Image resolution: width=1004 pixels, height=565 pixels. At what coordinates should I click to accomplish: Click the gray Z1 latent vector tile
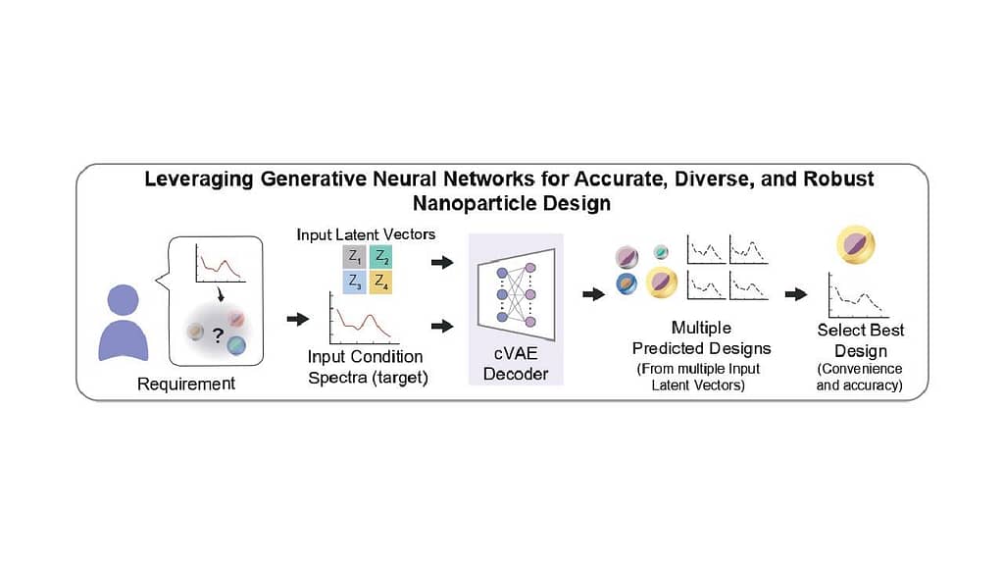pyautogui.click(x=354, y=258)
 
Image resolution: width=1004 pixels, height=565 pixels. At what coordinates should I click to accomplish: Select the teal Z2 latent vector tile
pyautogui.click(x=381, y=258)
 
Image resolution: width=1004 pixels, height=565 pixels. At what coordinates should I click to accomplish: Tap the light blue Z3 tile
pyautogui.click(x=354, y=282)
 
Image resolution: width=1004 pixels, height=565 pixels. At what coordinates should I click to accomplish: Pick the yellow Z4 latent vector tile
pyautogui.click(x=381, y=282)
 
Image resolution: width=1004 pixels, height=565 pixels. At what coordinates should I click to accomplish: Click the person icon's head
pyautogui.click(x=123, y=300)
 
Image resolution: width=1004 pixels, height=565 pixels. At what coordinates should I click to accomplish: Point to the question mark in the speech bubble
pyautogui.click(x=219, y=335)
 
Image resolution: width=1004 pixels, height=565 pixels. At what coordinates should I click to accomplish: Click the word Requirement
pyautogui.click(x=186, y=384)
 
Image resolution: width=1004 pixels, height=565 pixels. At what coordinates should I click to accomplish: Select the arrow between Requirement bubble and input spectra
pyautogui.click(x=298, y=319)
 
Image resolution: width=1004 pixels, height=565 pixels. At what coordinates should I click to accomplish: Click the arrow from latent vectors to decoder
pyautogui.click(x=442, y=262)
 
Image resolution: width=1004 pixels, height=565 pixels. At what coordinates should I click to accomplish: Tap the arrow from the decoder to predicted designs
pyautogui.click(x=594, y=294)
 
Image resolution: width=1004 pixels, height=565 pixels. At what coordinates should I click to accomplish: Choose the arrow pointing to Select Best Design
pyautogui.click(x=796, y=294)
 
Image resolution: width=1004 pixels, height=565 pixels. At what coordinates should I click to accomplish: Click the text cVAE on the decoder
pyautogui.click(x=516, y=353)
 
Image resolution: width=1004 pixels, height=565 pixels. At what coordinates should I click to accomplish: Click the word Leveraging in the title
pyautogui.click(x=198, y=180)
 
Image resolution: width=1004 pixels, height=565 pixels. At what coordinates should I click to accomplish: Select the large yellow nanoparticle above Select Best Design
pyautogui.click(x=855, y=244)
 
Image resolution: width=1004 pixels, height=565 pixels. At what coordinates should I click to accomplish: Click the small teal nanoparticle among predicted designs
pyautogui.click(x=661, y=252)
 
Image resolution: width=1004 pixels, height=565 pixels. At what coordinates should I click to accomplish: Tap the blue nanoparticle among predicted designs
pyautogui.click(x=627, y=283)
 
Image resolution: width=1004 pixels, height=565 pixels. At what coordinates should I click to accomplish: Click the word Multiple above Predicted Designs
pyautogui.click(x=701, y=328)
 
